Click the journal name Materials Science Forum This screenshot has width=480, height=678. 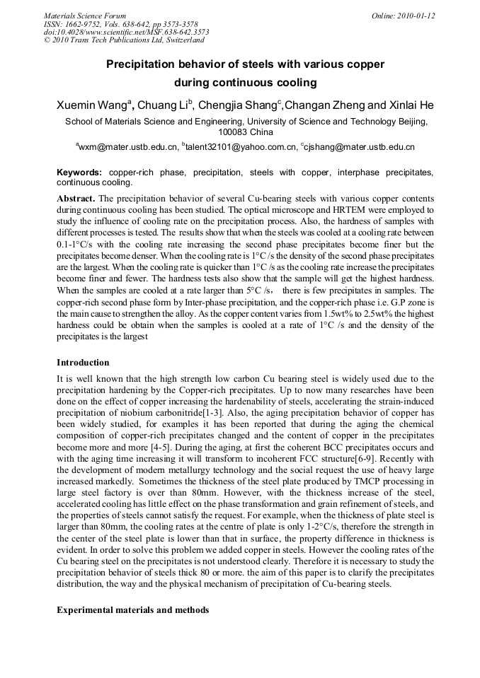coord(85,15)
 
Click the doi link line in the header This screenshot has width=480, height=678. coord(126,32)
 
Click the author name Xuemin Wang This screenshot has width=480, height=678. coord(93,105)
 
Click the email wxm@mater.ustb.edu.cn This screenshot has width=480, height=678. coord(128,147)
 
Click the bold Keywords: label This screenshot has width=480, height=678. coord(79,173)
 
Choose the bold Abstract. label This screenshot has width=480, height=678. coord(75,199)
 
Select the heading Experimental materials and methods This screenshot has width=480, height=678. coord(132,609)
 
